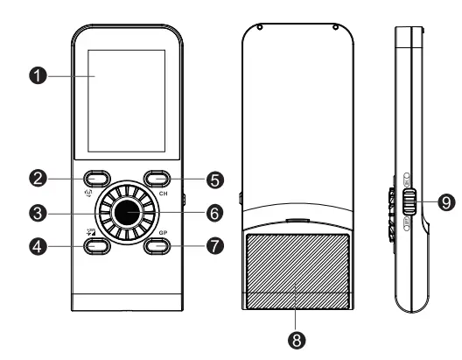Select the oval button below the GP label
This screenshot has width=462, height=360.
[x=157, y=245]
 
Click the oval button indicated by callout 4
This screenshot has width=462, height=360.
[x=95, y=246]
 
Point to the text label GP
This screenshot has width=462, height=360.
[x=163, y=234]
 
